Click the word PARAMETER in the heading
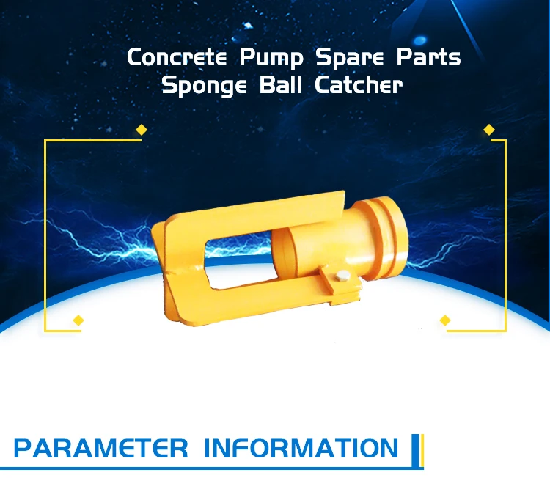(x=100, y=448)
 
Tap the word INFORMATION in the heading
(x=301, y=448)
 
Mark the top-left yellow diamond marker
(x=142, y=130)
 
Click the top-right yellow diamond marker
(x=489, y=130)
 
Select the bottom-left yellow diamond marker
(x=78, y=320)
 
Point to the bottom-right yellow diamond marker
(x=444, y=320)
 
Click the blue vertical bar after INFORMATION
(x=415, y=448)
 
